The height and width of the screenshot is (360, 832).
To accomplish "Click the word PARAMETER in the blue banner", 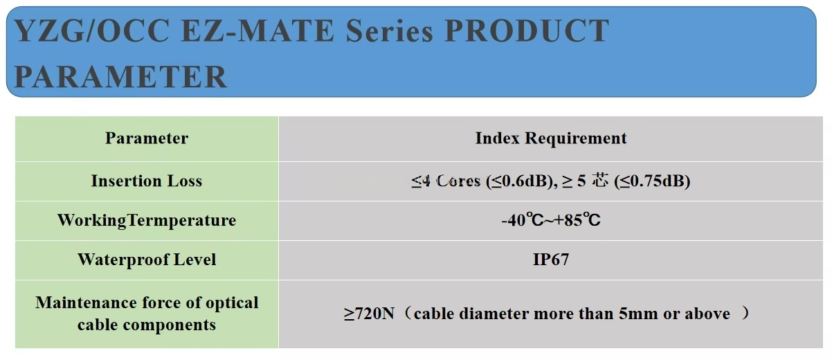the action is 120,76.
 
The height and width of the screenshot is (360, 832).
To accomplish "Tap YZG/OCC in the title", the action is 92,31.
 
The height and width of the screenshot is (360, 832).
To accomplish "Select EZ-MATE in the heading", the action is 258,30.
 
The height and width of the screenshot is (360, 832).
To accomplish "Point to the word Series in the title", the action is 389,30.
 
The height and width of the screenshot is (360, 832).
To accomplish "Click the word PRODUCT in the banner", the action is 527,30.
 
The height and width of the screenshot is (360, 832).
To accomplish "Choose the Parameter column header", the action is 147,138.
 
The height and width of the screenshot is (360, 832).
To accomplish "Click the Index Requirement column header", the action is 551,138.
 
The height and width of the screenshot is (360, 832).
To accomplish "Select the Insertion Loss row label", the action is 147,181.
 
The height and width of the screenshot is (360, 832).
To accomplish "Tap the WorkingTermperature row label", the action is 147,220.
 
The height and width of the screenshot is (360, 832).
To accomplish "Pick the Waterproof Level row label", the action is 147,260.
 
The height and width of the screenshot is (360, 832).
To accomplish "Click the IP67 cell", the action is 551,260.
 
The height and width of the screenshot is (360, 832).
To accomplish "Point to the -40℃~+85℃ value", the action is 551,220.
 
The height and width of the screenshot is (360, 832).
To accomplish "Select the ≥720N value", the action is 369,314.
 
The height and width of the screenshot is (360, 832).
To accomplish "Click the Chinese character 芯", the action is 600,181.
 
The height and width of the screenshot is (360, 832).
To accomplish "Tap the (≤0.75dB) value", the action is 652,181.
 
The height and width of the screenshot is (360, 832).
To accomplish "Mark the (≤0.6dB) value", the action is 522,181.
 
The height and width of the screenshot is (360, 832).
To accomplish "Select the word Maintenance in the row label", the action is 85,303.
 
